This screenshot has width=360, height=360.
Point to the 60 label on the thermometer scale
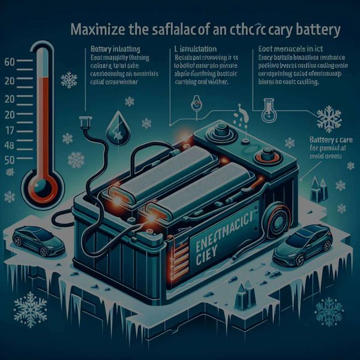[9, 62]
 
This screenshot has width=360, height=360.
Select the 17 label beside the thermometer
[9, 130]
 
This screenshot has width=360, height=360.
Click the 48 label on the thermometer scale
[9, 146]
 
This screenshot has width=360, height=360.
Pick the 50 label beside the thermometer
[9, 160]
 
